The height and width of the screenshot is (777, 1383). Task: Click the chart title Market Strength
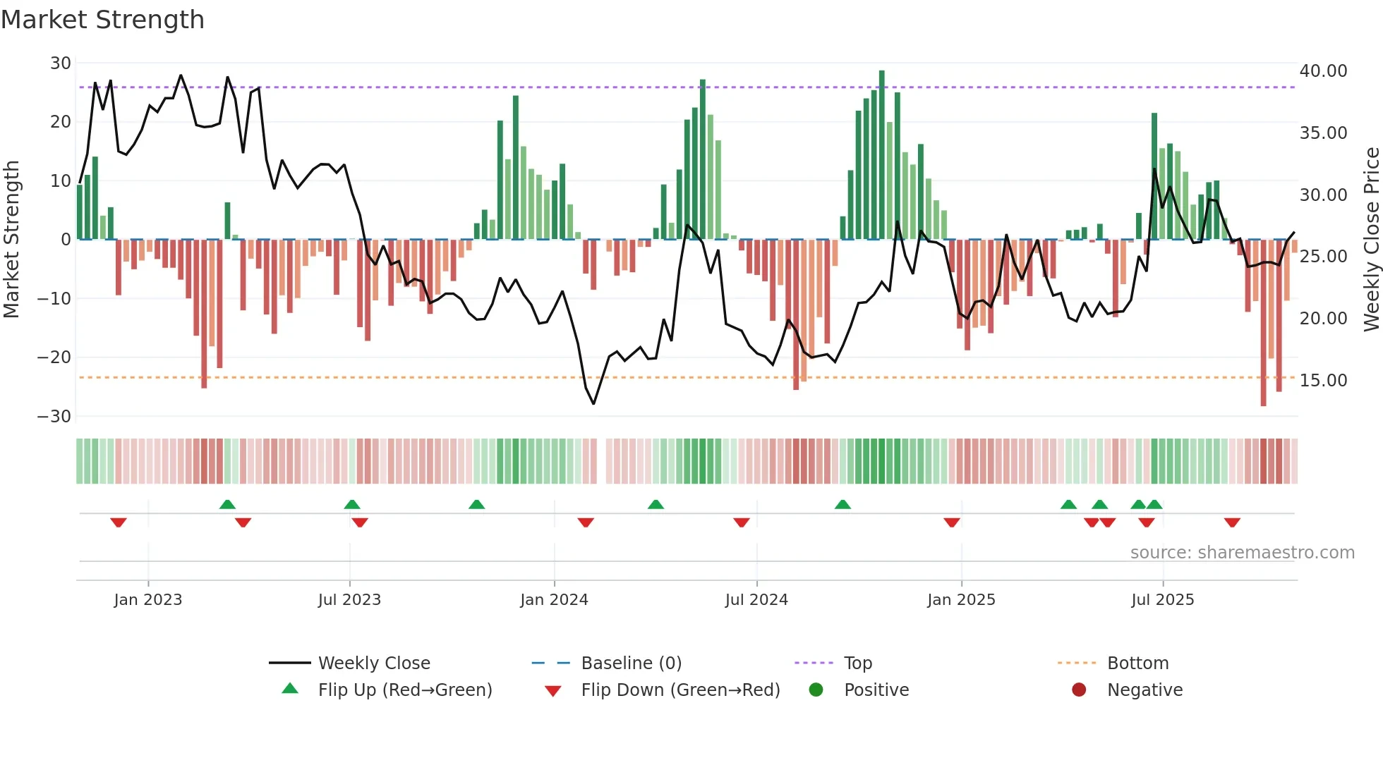pyautogui.click(x=102, y=20)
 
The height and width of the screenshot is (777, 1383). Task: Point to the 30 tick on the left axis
pyautogui.click(x=61, y=63)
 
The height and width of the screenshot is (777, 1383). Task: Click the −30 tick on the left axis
pyautogui.click(x=54, y=416)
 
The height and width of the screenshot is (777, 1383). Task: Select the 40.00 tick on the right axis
pyautogui.click(x=1323, y=71)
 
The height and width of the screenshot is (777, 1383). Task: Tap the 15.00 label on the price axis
pyautogui.click(x=1323, y=381)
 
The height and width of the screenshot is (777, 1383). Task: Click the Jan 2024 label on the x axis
pyautogui.click(x=554, y=600)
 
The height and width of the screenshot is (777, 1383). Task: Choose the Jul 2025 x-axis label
pyautogui.click(x=1162, y=600)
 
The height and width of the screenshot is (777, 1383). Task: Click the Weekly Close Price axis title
pyautogui.click(x=1371, y=240)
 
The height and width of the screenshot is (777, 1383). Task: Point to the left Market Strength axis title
pyautogui.click(x=11, y=240)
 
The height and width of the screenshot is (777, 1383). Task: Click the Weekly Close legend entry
pyautogui.click(x=374, y=663)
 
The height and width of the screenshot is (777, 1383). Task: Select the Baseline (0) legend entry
pyautogui.click(x=631, y=663)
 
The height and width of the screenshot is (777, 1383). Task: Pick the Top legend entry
pyautogui.click(x=858, y=663)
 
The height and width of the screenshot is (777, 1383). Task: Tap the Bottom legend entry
pyautogui.click(x=1137, y=663)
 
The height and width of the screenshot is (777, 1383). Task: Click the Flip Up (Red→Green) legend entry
pyautogui.click(x=404, y=690)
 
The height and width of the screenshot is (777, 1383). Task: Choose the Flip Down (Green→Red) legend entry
pyautogui.click(x=680, y=690)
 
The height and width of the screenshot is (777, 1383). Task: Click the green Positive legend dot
pyautogui.click(x=816, y=690)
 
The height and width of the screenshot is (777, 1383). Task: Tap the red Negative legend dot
pyautogui.click(x=1079, y=690)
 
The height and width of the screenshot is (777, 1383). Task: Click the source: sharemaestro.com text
pyautogui.click(x=1242, y=553)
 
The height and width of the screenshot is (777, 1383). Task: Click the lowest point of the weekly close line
pyautogui.click(x=593, y=403)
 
